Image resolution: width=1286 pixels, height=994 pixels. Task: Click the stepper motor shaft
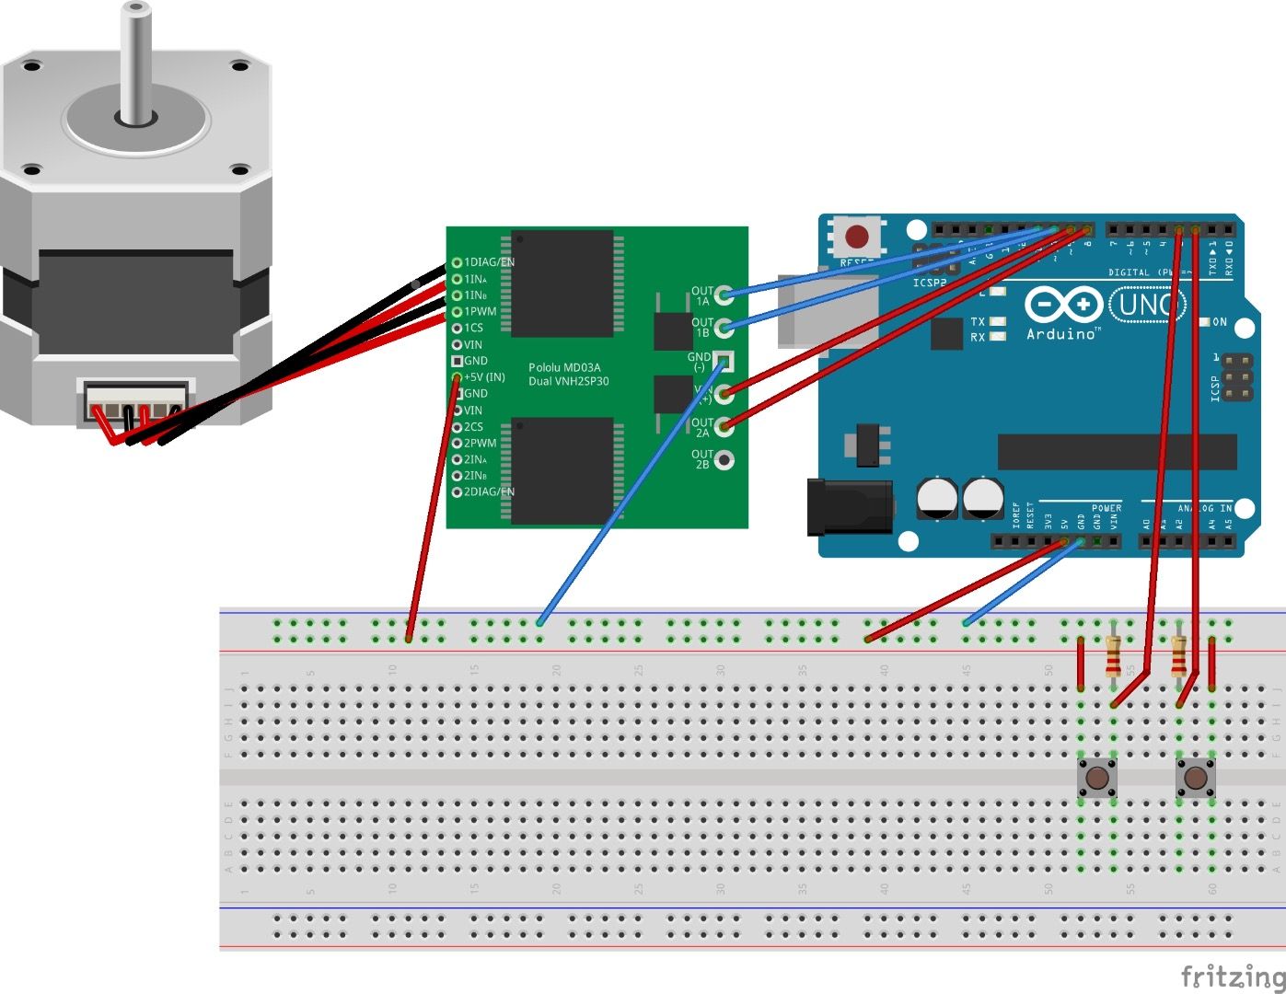point(136,64)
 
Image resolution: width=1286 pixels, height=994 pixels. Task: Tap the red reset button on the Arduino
point(857,237)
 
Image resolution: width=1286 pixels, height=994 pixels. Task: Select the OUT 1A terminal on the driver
point(724,295)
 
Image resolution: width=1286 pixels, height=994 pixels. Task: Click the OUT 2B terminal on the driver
point(724,459)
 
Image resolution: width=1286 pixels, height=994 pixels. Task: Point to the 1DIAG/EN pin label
point(489,262)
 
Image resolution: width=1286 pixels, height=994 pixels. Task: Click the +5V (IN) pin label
point(484,377)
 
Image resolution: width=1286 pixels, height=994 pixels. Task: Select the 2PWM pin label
point(480,443)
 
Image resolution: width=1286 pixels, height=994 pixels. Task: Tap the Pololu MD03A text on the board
point(564,367)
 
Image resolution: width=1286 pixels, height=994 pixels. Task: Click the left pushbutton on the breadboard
point(1097,779)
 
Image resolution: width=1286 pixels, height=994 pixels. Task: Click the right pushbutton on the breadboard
point(1195,779)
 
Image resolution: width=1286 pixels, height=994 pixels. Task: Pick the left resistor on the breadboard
point(1114,656)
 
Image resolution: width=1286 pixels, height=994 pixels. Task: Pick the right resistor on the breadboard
point(1179,656)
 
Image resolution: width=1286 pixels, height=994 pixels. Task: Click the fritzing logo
point(1232,976)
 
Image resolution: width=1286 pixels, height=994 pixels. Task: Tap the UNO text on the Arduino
point(1146,304)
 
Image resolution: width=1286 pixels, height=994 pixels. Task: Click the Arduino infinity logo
point(1063,304)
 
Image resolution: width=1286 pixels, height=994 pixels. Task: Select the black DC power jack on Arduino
point(849,507)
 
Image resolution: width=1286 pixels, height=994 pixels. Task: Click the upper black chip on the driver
point(562,283)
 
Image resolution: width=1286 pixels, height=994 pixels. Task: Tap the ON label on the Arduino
point(1219,322)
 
